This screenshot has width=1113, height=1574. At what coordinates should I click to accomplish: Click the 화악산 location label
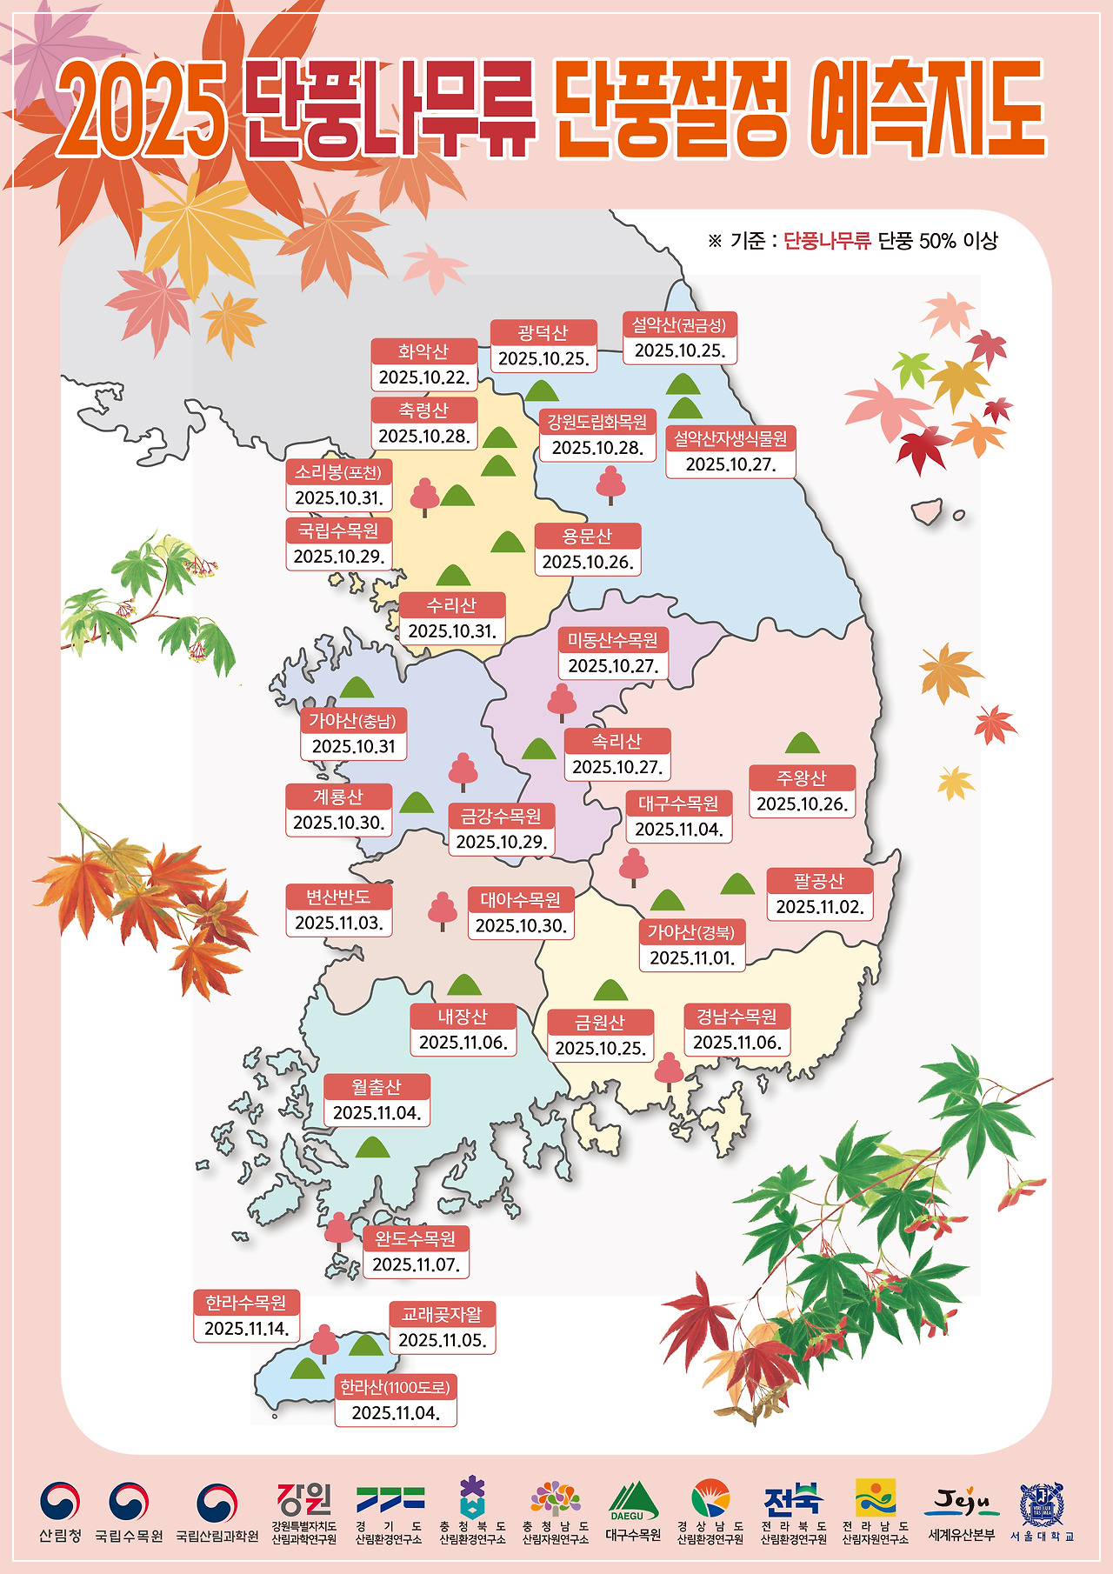click(423, 351)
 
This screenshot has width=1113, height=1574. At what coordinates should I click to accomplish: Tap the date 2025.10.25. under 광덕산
click(543, 358)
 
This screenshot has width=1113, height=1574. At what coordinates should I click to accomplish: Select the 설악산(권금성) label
click(679, 325)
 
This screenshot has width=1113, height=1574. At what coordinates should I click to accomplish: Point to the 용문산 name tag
click(587, 536)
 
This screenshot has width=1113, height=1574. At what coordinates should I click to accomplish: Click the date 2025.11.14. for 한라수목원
click(247, 1328)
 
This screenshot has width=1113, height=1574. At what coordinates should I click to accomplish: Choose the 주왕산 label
click(802, 777)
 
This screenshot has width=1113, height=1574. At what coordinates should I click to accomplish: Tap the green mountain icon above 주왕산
click(802, 743)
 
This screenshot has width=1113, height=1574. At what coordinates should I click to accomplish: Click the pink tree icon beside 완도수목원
click(338, 1230)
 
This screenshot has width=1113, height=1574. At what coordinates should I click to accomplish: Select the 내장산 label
click(463, 1017)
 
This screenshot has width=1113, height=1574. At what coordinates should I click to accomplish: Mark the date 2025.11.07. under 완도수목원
click(416, 1264)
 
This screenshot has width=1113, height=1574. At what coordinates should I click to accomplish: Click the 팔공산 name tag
click(819, 882)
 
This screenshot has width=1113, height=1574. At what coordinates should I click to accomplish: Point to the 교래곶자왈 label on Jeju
click(442, 1314)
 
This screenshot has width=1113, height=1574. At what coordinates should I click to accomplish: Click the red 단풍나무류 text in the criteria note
click(827, 241)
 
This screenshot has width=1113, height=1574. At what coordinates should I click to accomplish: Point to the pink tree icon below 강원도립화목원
click(610, 484)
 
